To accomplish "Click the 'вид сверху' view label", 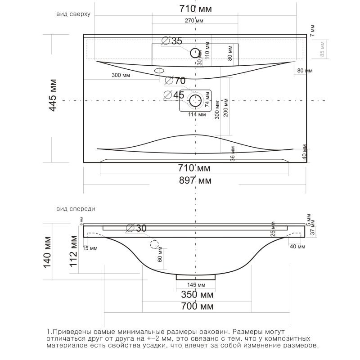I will coord(73,14).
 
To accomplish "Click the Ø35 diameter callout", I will coord(171,41).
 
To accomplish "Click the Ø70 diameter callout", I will coord(175,81).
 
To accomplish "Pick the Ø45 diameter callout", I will coord(174,95).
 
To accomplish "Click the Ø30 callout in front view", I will coord(137,228).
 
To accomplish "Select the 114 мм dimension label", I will coord(197,114).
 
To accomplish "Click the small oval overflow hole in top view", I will coord(159,71).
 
